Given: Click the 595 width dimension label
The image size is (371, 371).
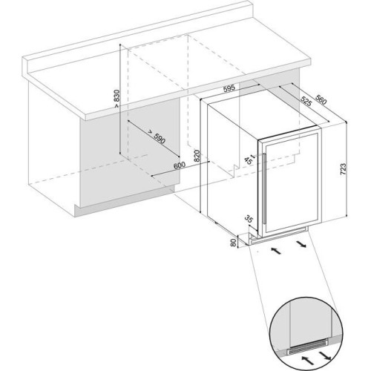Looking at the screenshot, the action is click(x=229, y=88).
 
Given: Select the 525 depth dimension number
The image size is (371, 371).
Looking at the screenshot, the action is click(x=306, y=101).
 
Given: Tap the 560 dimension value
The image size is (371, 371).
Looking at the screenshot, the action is click(x=321, y=99).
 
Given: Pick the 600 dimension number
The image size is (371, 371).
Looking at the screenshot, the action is click(x=180, y=165).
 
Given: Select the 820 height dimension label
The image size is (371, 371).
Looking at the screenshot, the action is click(x=197, y=156).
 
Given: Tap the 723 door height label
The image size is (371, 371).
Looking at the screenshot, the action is click(x=344, y=169).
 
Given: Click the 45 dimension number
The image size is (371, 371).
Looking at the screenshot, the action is click(x=249, y=160).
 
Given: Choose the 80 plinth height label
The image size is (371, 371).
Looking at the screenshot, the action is click(x=233, y=243).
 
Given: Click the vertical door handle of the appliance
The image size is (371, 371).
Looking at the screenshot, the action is click(x=264, y=188).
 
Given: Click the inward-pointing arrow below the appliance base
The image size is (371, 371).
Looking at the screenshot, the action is click(x=276, y=250).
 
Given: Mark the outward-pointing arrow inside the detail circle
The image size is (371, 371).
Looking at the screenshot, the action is click(x=324, y=353).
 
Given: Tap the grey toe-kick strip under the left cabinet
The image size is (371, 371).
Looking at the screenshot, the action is click(x=125, y=202).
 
